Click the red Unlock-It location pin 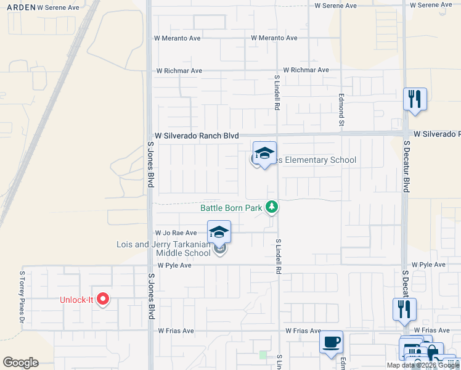(x=103, y=299)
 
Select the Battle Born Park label (x=231, y=208)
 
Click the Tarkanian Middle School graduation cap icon (x=219, y=232)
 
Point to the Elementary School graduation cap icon (x=264, y=154)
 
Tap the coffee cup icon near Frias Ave (x=332, y=342)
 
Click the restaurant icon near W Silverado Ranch (x=415, y=99)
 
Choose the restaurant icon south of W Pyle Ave (x=404, y=308)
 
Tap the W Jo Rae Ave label (x=176, y=233)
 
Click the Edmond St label (x=341, y=110)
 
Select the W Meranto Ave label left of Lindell (x=177, y=38)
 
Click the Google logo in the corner (x=20, y=363)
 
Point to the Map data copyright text (x=422, y=365)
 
